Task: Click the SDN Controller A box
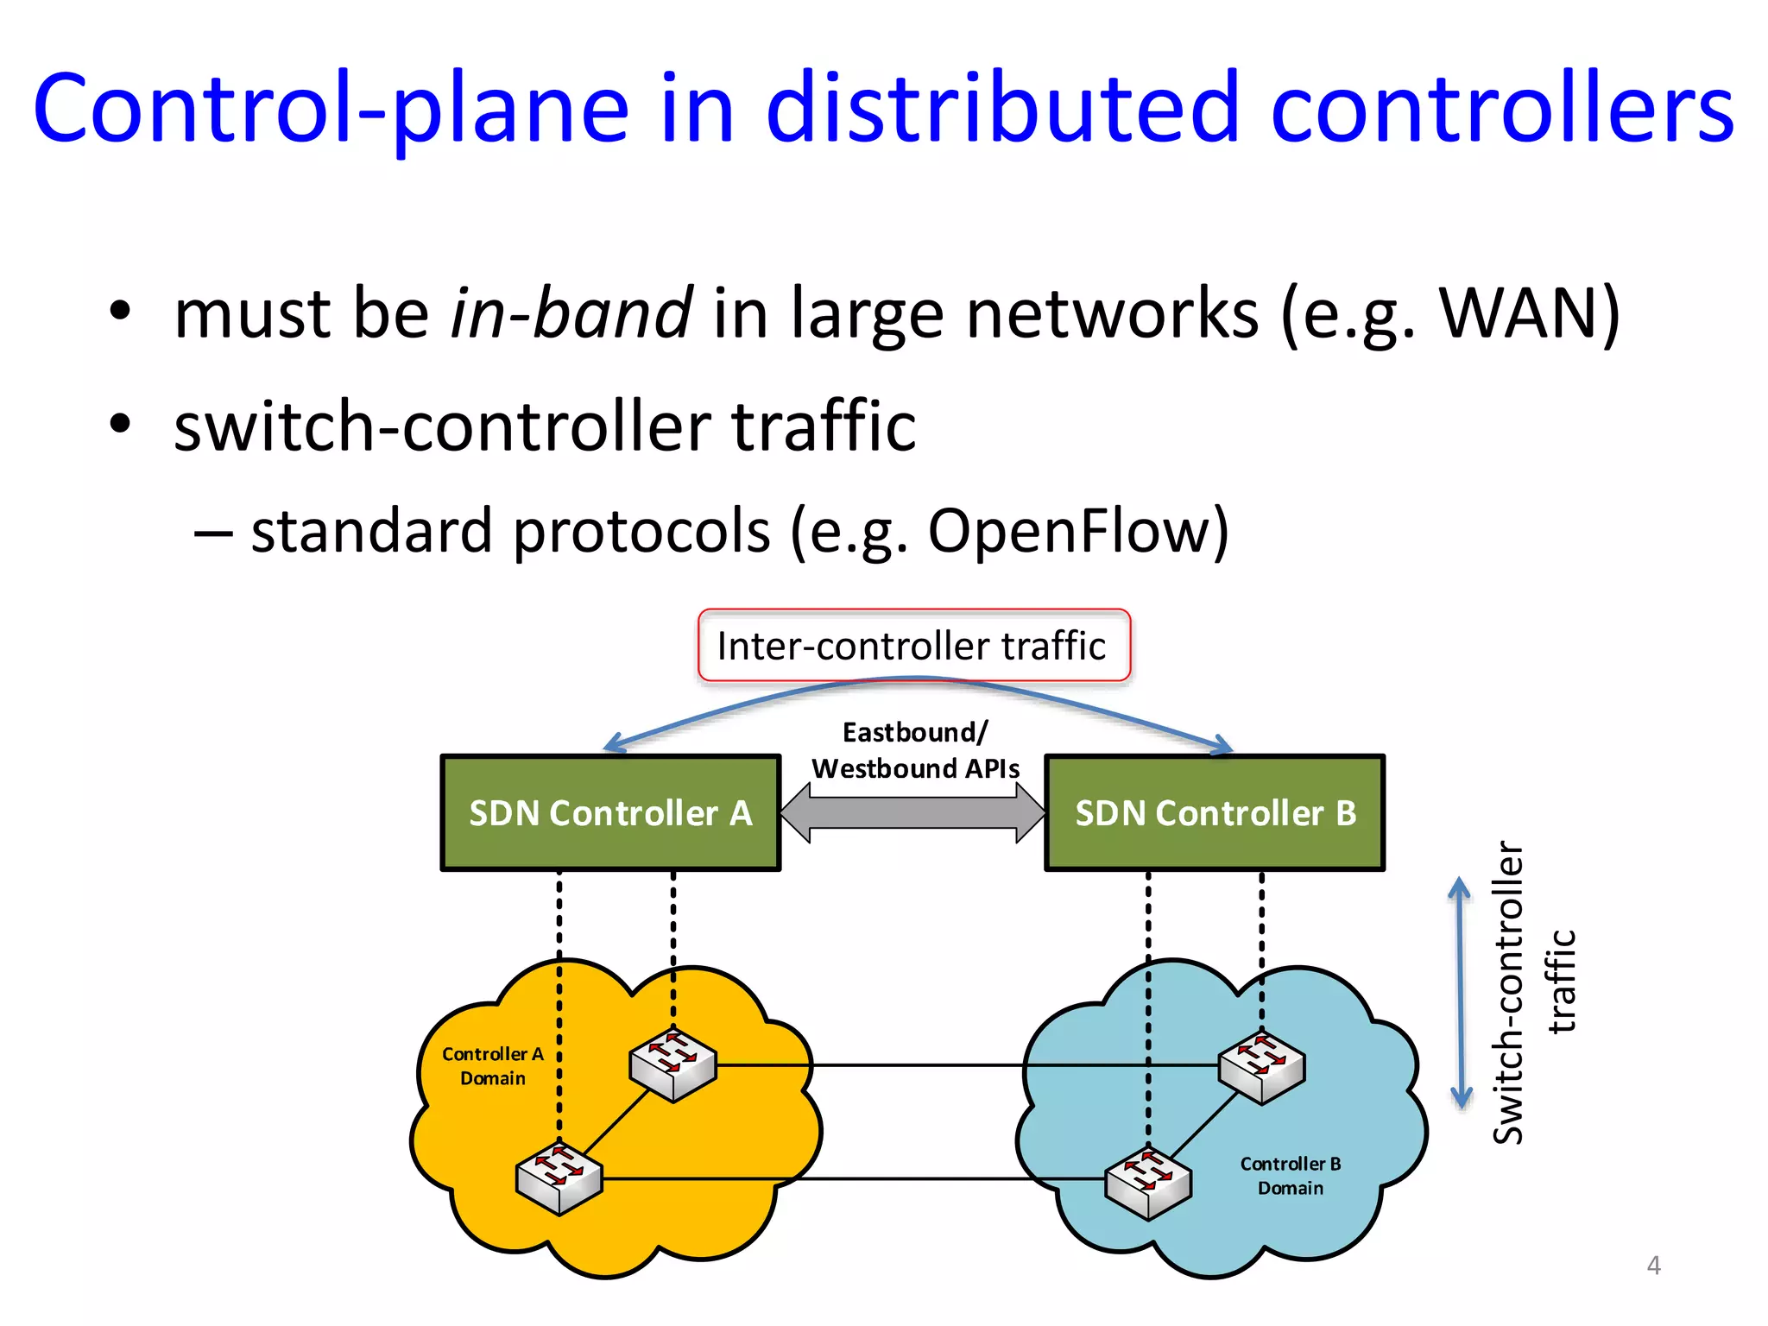[x=610, y=812]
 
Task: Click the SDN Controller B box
[x=1215, y=812]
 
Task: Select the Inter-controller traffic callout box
[x=913, y=646]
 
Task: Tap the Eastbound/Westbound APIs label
[x=915, y=750]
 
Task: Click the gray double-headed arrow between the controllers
[x=912, y=812]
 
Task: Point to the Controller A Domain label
[x=493, y=1066]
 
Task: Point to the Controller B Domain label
[x=1291, y=1176]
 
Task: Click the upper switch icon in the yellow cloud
[x=672, y=1064]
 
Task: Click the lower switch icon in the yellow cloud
[x=559, y=1178]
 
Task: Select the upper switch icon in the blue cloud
[x=1261, y=1067]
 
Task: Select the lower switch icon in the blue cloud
[x=1148, y=1182]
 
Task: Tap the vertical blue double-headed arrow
[x=1460, y=993]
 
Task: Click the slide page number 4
[x=1653, y=1266]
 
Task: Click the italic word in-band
[x=571, y=313]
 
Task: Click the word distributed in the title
[x=1002, y=108]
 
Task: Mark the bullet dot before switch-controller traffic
[x=120, y=423]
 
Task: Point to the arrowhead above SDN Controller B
[x=1222, y=744]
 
